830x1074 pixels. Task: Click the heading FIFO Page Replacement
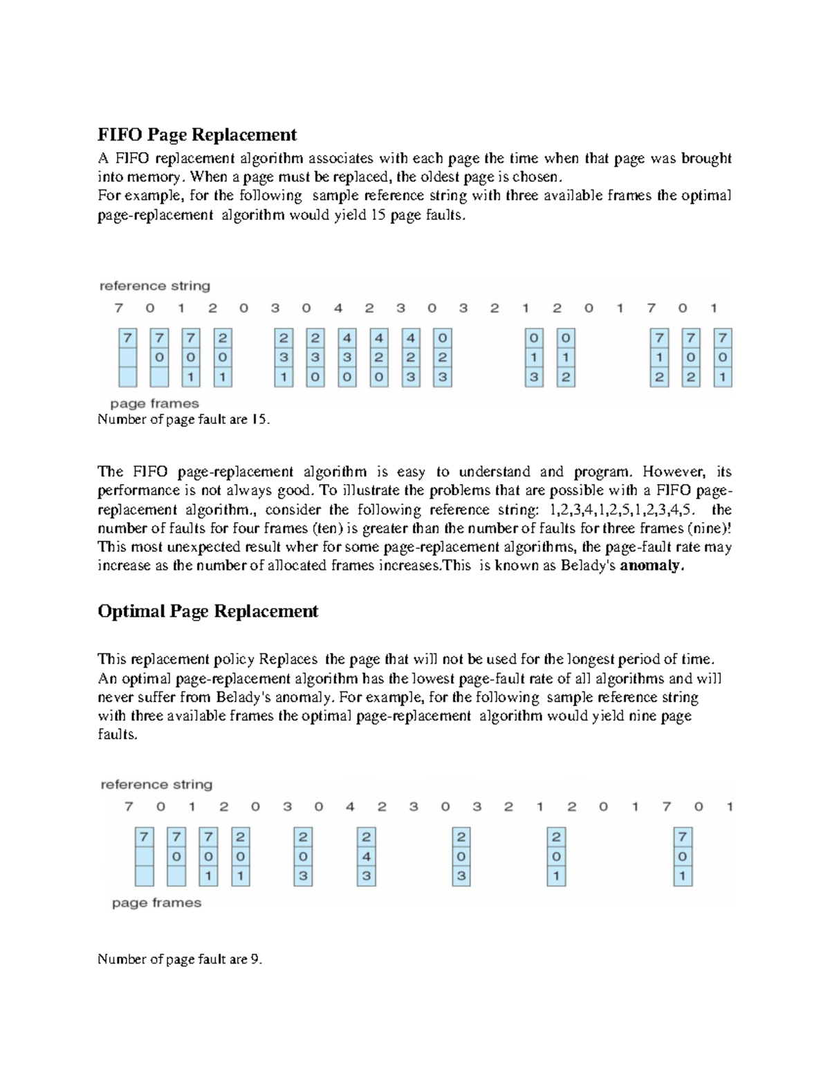pyautogui.click(x=197, y=134)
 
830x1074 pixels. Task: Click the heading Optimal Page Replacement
pyautogui.click(x=207, y=611)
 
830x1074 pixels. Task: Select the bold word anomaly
pyautogui.click(x=652, y=566)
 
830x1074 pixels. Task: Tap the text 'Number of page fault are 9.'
pyautogui.click(x=180, y=959)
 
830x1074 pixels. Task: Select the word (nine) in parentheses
pyautogui.click(x=708, y=528)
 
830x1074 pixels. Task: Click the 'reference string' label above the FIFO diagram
pyautogui.click(x=155, y=286)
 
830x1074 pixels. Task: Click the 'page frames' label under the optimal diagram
pyautogui.click(x=156, y=902)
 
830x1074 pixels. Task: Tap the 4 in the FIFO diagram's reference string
pyautogui.click(x=338, y=308)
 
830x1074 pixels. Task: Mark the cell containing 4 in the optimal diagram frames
pyautogui.click(x=367, y=857)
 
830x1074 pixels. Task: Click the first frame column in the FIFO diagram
pyautogui.click(x=127, y=358)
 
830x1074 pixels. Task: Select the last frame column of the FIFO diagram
pyautogui.click(x=723, y=358)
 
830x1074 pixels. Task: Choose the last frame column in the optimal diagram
pyautogui.click(x=683, y=857)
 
